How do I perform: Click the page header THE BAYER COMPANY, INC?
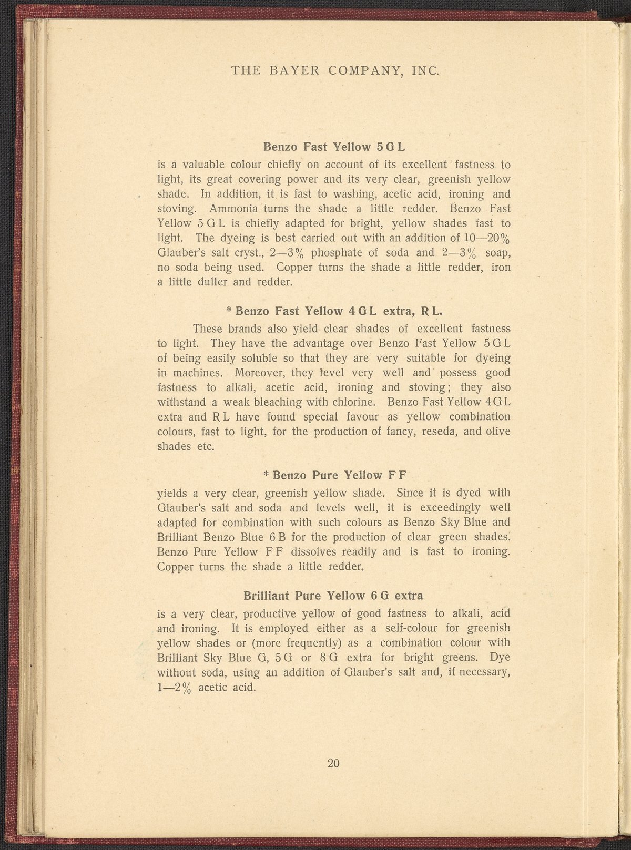tap(335, 71)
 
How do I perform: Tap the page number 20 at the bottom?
tap(334, 764)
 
